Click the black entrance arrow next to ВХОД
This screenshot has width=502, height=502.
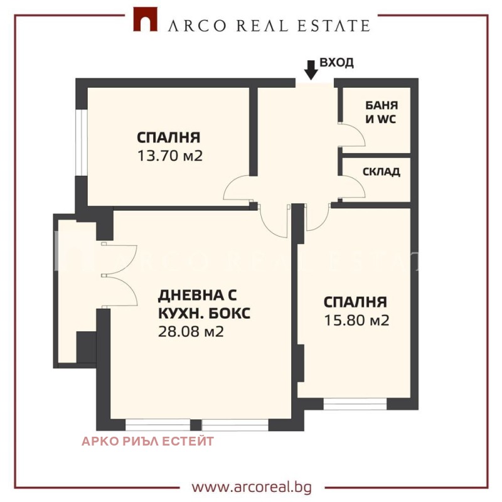[x=310, y=69]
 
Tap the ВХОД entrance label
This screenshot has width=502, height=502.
[x=337, y=63]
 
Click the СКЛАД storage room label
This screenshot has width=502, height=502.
[x=381, y=172]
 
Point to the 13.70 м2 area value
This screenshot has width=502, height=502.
[x=169, y=155]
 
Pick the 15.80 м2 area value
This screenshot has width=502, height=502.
[x=356, y=320]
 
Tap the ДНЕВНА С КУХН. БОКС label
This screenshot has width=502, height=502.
[x=203, y=304]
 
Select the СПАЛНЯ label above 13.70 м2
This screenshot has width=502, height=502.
[x=169, y=137]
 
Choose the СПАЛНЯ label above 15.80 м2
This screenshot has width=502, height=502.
[x=355, y=301]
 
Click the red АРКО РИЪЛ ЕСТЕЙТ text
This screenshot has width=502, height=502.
[x=147, y=441]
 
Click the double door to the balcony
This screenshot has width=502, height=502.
[x=119, y=275]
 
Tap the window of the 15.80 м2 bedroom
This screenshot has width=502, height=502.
[x=355, y=404]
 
